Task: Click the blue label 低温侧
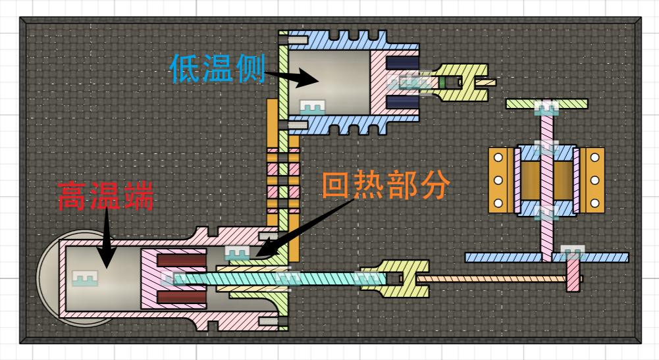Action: [217, 68]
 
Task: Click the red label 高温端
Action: [105, 196]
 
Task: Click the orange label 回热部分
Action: [386, 186]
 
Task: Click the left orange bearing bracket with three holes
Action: [499, 180]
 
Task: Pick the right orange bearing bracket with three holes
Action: [594, 180]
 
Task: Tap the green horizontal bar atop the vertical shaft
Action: [546, 104]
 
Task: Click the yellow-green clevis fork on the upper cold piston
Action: [461, 82]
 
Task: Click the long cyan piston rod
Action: [277, 278]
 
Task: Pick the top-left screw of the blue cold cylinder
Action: [297, 43]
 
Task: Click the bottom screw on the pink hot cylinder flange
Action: [271, 321]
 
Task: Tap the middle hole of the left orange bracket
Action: [498, 180]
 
